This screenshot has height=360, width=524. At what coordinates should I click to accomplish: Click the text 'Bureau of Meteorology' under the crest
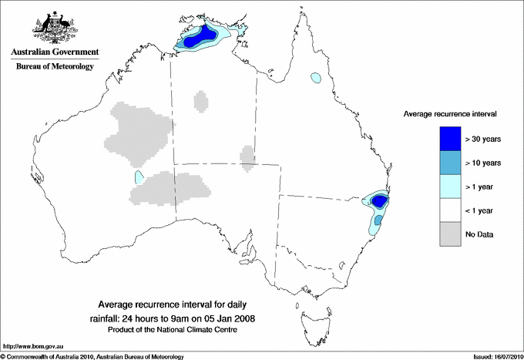[55, 67]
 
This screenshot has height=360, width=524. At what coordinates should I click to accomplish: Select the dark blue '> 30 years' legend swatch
[449, 138]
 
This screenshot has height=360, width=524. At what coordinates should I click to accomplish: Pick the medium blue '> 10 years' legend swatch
[449, 163]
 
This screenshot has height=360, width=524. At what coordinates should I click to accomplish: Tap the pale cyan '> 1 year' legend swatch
[449, 187]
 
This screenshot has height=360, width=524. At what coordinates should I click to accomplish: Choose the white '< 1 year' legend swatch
[449, 210]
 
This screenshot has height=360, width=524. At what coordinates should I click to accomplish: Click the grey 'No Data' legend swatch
[449, 234]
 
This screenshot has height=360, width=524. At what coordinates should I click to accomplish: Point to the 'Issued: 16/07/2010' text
[489, 356]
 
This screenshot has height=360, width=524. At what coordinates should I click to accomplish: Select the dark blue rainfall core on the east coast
[378, 201]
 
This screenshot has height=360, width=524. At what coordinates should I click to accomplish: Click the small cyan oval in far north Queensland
[315, 78]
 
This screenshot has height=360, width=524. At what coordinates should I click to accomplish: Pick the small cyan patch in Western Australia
[139, 177]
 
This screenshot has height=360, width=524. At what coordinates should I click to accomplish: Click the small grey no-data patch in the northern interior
[200, 101]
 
